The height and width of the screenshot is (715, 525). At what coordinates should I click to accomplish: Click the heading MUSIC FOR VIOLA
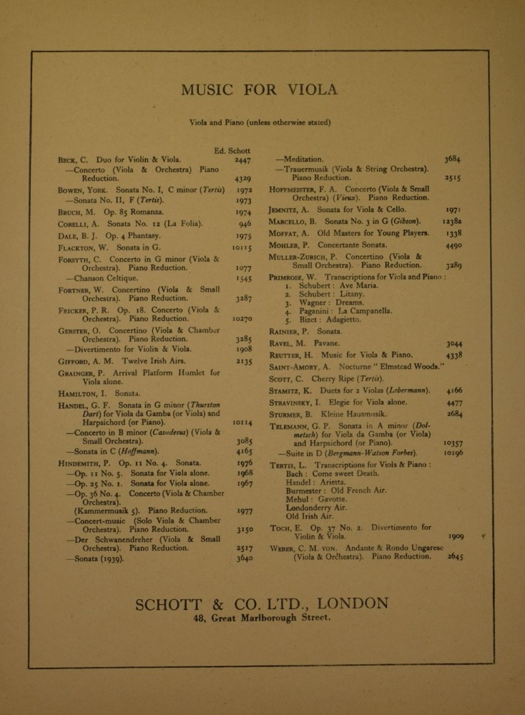[x=259, y=90]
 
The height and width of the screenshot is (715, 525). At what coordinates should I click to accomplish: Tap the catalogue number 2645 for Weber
[x=455, y=556]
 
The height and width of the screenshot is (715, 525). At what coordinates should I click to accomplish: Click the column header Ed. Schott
[x=230, y=149]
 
